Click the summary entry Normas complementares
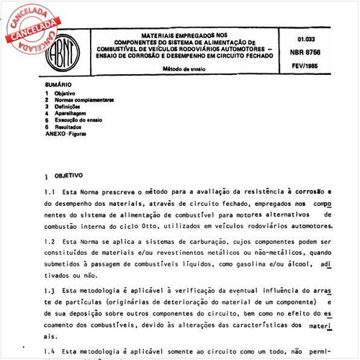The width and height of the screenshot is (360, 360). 84,100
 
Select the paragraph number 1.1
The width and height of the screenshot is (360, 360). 49,192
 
